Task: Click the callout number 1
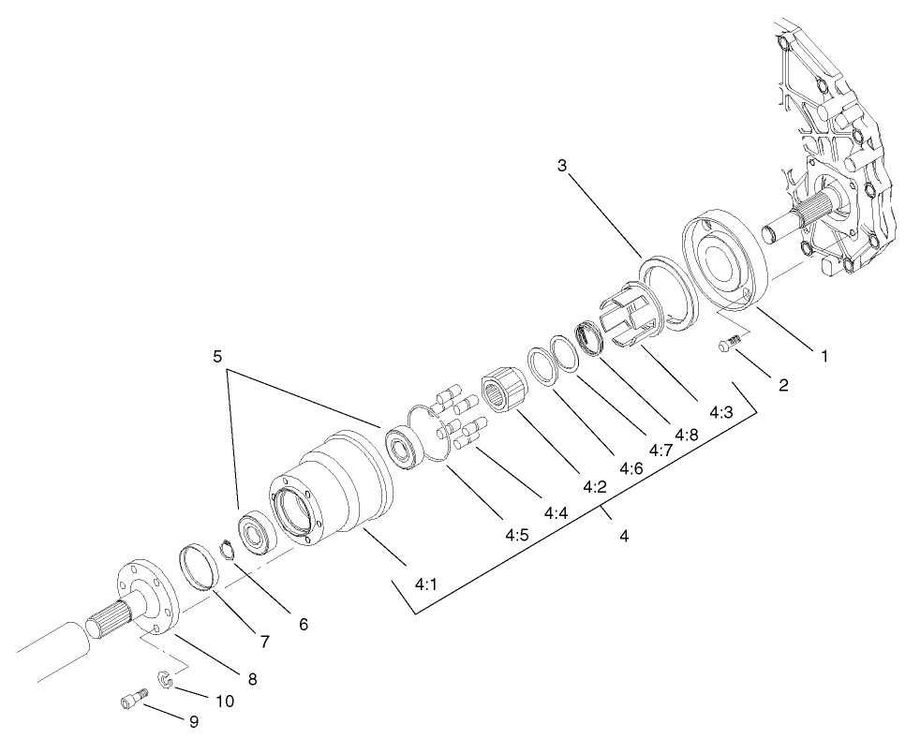pos(824,357)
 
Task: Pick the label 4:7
pos(660,450)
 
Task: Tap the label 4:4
pos(556,512)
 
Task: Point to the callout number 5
pos(217,357)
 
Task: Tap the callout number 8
pos(250,677)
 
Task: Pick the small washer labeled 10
pos(164,679)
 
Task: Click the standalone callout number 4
pos(623,537)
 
